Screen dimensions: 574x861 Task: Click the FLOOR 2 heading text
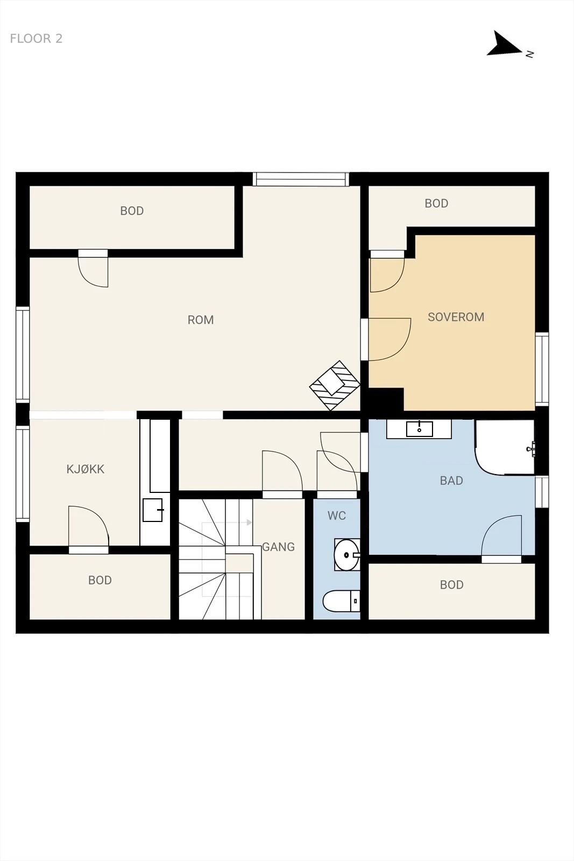click(x=36, y=38)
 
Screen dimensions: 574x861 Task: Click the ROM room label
click(x=201, y=320)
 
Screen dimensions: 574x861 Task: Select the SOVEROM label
click(x=456, y=317)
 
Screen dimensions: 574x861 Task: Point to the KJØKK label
click(x=86, y=469)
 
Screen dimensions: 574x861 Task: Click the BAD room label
click(x=451, y=481)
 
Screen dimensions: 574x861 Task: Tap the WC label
click(x=337, y=516)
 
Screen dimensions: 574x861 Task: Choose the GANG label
click(x=279, y=547)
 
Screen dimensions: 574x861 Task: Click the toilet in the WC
click(x=341, y=601)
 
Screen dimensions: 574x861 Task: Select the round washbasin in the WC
click(x=346, y=555)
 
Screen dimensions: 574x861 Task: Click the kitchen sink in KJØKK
click(x=153, y=510)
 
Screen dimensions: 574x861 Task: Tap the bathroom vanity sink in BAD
click(x=419, y=429)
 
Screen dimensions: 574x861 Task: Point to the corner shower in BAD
click(x=505, y=447)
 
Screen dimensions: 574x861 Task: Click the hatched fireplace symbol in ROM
click(x=335, y=385)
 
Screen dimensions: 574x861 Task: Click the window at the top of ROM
click(x=301, y=180)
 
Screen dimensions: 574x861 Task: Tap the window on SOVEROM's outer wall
click(x=542, y=369)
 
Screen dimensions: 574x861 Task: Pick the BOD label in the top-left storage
click(x=132, y=210)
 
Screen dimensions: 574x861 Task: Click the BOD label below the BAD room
click(x=451, y=584)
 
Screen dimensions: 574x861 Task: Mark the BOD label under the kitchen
click(x=100, y=580)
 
